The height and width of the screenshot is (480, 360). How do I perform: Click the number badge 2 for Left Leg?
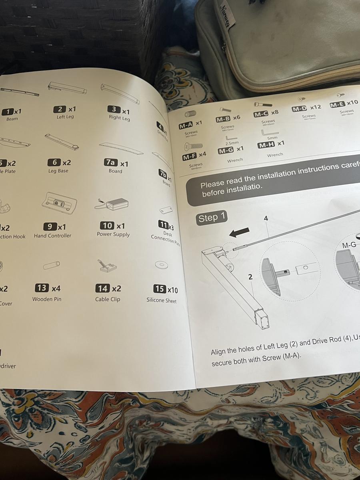tap(60, 109)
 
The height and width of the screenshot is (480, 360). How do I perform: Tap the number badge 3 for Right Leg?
tap(114, 109)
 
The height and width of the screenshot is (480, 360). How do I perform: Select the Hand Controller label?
tap(52, 236)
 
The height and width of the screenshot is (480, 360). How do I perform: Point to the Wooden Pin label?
tap(47, 299)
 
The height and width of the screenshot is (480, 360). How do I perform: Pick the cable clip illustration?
tap(106, 266)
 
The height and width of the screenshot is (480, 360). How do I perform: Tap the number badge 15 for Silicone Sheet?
tap(160, 289)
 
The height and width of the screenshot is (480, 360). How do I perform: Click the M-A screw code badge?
tap(186, 125)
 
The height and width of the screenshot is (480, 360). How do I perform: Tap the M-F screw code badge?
tap(190, 157)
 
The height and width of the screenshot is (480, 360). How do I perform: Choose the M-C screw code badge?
tap(261, 115)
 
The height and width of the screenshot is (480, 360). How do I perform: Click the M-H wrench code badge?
tap(266, 144)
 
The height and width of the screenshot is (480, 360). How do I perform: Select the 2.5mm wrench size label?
tap(232, 143)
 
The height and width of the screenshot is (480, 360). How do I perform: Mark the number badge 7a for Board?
tap(110, 162)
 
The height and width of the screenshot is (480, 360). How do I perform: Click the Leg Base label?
tap(58, 171)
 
